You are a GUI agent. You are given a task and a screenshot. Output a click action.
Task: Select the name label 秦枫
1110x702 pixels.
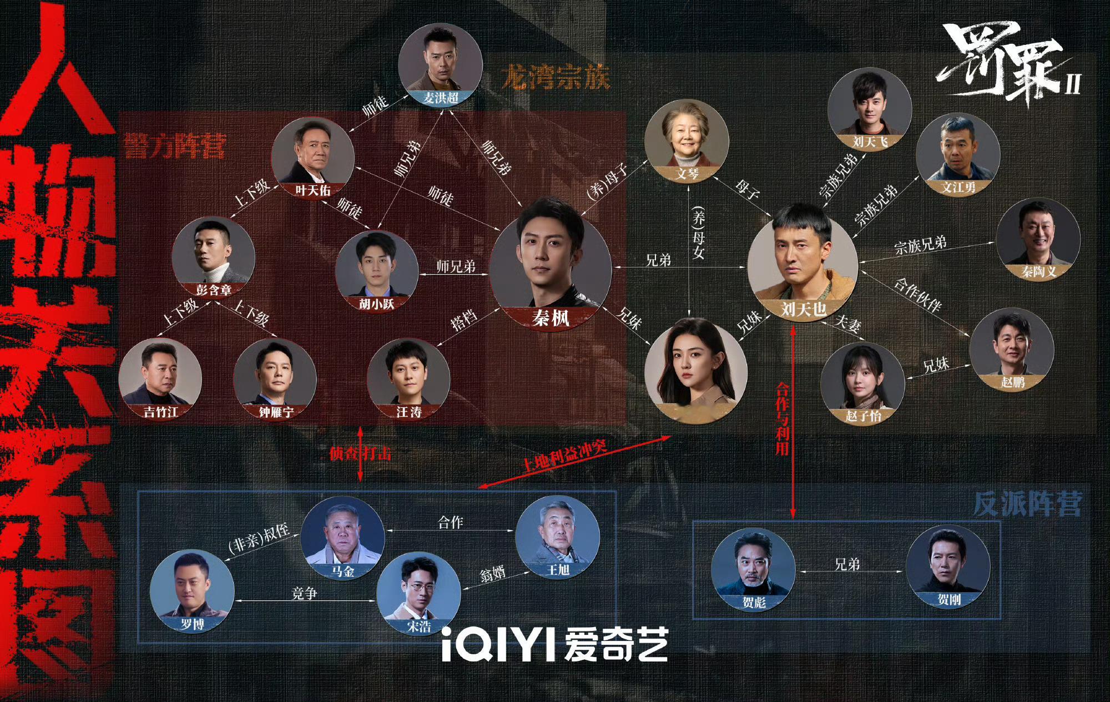550,318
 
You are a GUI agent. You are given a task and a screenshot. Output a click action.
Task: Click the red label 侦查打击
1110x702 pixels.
360,453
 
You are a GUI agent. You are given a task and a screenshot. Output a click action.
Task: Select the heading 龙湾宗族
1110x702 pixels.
555,77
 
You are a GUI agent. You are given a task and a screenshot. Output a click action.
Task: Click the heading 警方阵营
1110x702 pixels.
175,145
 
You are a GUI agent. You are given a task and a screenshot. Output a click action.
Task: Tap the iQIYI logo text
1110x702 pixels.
554,645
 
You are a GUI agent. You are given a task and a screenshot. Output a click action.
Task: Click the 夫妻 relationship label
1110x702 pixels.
847,324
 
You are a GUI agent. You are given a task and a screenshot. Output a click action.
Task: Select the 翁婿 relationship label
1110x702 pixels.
493,573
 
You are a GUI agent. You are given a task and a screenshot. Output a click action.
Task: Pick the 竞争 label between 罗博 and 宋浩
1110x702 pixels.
304,593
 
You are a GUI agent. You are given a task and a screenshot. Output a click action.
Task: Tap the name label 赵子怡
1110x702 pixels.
863,415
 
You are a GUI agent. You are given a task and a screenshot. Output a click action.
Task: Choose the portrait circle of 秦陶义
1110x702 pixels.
1038,240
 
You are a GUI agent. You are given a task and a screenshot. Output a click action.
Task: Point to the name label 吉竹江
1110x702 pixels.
161,412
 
